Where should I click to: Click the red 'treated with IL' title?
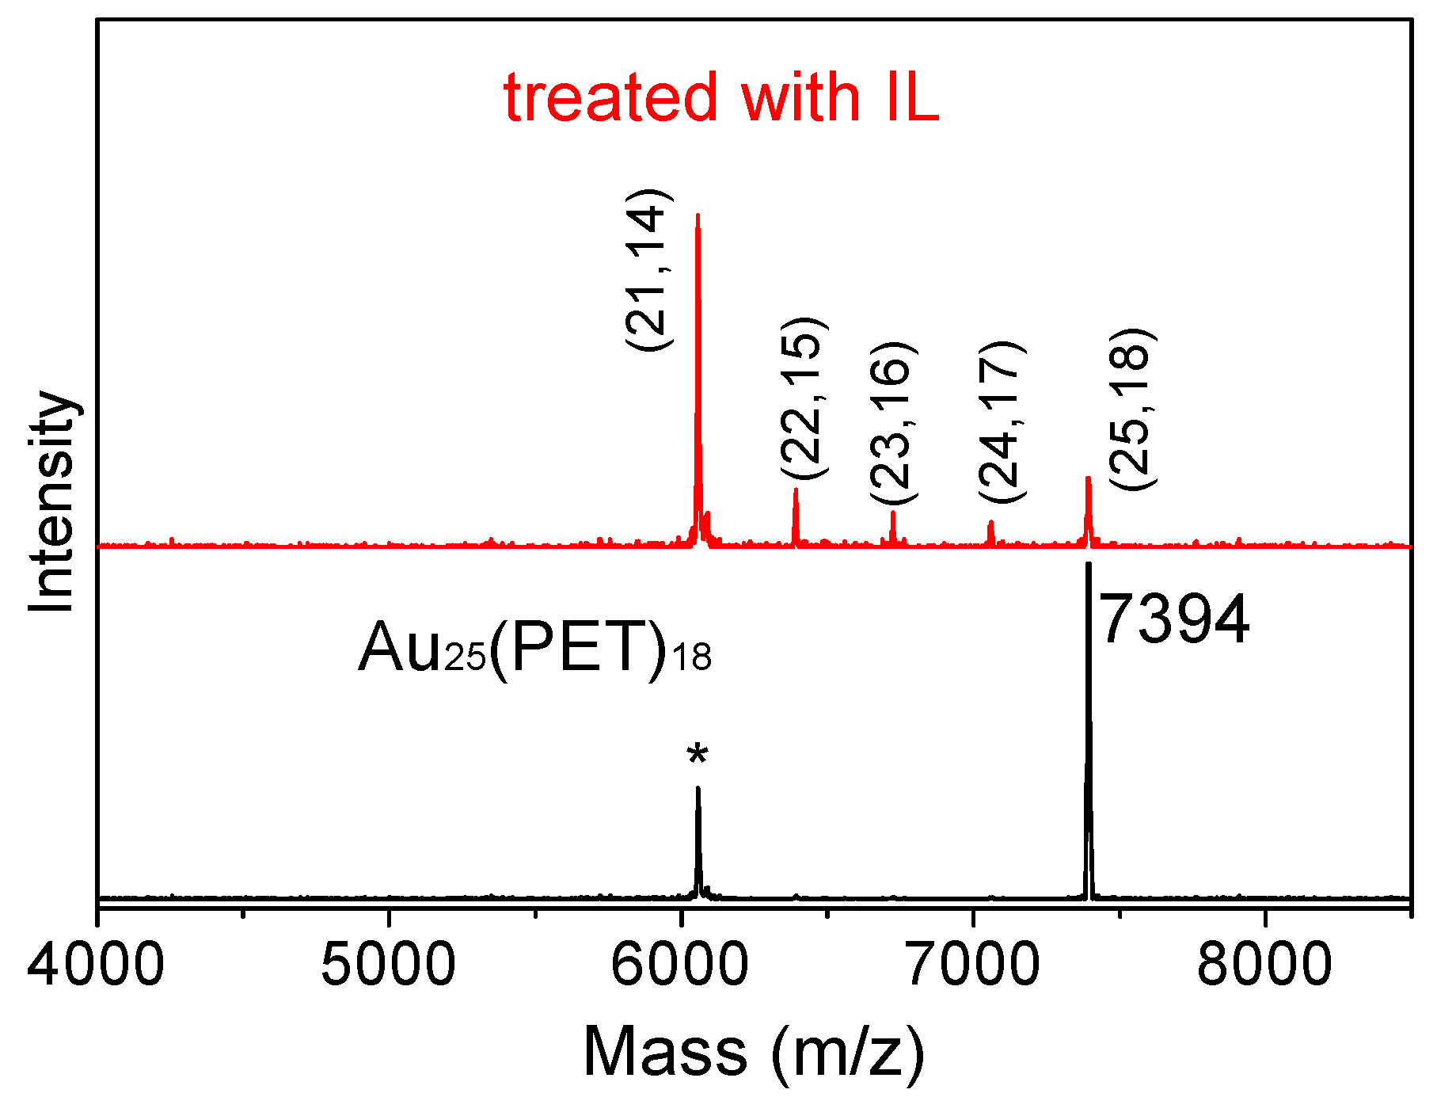click(x=720, y=98)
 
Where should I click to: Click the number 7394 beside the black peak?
click(x=1174, y=620)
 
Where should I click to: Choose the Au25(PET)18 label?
click(x=534, y=648)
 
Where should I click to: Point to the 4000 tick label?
click(x=96, y=966)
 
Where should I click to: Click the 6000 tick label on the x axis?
click(x=679, y=966)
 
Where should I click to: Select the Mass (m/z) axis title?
click(x=753, y=1052)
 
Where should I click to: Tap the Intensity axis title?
click(x=51, y=502)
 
